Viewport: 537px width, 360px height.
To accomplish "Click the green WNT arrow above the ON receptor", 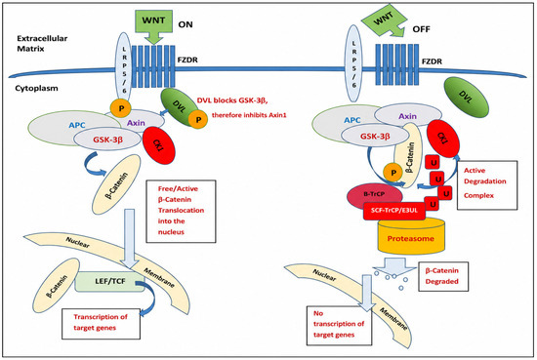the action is [x=153, y=25].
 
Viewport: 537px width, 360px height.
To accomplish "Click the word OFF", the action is [x=421, y=29].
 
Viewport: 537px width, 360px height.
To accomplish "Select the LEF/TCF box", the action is [x=110, y=282].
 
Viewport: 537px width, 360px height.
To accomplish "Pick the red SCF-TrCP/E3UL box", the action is [x=394, y=211].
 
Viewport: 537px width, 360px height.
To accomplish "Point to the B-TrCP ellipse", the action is [x=374, y=194].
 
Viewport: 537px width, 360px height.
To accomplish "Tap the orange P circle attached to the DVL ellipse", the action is [x=198, y=119].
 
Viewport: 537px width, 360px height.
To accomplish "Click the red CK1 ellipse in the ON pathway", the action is [x=158, y=145].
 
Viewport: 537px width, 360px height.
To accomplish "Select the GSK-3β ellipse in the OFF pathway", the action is [x=375, y=137].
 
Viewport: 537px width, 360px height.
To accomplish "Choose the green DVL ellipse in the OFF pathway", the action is [x=466, y=98].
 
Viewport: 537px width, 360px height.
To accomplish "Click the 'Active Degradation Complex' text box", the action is [x=487, y=184].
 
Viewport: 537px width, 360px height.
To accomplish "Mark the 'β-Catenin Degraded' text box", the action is [x=443, y=276].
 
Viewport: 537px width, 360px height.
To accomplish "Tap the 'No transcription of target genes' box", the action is [x=339, y=325].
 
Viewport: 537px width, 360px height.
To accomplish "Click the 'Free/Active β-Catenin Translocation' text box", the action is [x=181, y=211].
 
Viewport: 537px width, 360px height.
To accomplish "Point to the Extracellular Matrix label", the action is [x=42, y=44].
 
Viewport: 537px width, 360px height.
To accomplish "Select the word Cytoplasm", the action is [x=36, y=88].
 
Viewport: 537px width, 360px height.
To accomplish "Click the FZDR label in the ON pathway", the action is [x=187, y=60].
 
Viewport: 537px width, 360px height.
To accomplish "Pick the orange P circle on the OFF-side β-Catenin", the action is [x=393, y=173].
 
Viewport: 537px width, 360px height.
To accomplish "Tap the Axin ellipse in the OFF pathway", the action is [x=407, y=116].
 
